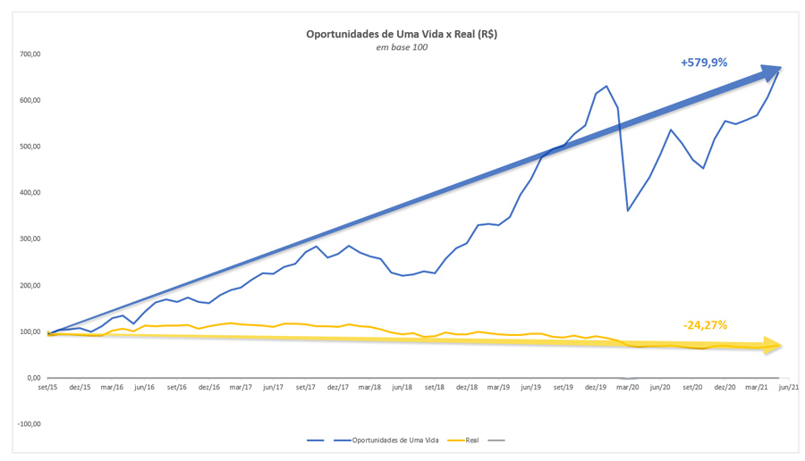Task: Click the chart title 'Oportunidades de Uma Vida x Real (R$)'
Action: (402, 34)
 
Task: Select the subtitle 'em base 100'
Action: (402, 47)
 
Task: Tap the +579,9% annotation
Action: (704, 63)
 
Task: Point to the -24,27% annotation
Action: (705, 325)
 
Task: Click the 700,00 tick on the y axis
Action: (30, 54)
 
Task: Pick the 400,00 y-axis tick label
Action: (30, 193)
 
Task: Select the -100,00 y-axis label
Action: (30, 424)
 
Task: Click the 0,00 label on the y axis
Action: (34, 378)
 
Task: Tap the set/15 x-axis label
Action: (47, 388)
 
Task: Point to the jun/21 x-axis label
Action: (789, 388)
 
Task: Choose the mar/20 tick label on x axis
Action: (626, 388)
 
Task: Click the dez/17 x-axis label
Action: (338, 388)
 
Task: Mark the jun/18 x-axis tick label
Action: (402, 388)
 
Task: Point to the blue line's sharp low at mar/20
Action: (628, 210)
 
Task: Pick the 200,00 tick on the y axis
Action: (30, 286)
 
